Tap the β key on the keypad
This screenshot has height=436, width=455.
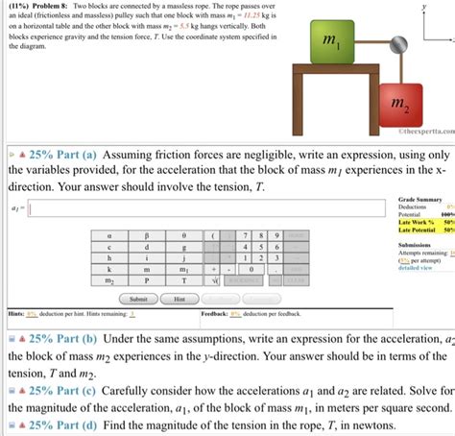147,233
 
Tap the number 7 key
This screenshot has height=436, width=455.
248,233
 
